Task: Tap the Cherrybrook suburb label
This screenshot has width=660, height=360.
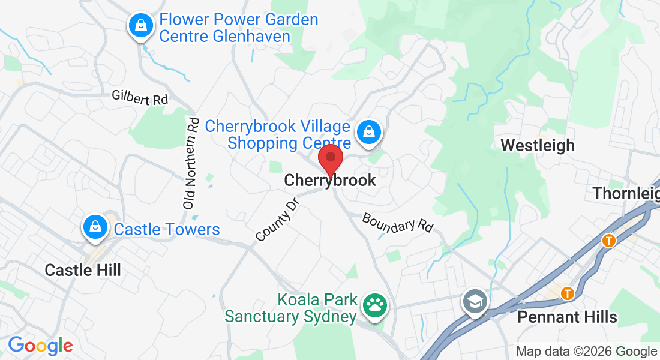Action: point(330,180)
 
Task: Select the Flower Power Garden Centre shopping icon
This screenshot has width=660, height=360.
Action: point(140,26)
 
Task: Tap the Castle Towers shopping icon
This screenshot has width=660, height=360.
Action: point(95,227)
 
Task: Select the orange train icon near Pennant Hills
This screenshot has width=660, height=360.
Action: point(567,293)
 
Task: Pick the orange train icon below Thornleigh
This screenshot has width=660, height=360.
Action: point(609,241)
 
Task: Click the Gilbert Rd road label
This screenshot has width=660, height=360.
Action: point(140,98)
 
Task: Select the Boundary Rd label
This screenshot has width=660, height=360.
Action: point(397,223)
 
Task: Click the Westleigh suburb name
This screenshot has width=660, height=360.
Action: point(538,145)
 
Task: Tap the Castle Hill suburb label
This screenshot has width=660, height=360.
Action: point(83,270)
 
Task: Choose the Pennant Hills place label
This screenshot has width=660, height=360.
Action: point(567,316)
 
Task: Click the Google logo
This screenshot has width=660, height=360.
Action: point(40,346)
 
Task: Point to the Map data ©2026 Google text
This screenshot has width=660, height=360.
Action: point(586,352)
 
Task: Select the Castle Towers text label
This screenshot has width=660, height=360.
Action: point(167,229)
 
